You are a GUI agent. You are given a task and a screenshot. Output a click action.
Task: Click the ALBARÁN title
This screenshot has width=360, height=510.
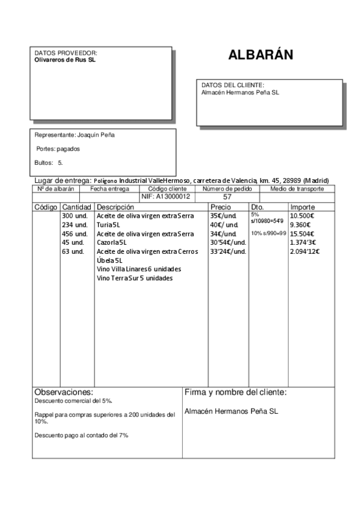(260, 55)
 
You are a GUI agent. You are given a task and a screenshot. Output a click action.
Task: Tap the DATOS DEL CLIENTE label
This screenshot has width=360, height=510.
(233, 85)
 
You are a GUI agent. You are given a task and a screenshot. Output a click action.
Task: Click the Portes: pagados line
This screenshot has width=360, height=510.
(58, 149)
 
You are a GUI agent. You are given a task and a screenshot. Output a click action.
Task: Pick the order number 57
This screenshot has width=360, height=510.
(227, 197)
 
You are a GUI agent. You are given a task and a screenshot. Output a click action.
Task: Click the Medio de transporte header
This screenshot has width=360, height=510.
(297, 189)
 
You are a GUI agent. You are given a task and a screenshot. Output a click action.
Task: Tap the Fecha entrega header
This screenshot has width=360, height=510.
(109, 189)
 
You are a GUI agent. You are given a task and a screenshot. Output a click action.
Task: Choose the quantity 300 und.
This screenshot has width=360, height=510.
(75, 215)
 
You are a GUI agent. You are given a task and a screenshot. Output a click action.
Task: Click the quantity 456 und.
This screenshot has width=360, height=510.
(75, 233)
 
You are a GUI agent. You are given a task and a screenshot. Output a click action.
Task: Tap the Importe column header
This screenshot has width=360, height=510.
(303, 207)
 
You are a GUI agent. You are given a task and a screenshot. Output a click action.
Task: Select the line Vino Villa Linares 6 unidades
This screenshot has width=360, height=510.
(139, 269)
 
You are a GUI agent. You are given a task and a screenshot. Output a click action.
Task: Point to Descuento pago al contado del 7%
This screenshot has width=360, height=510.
(81, 435)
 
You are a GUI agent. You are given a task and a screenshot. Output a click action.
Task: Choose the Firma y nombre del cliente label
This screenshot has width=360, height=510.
(235, 393)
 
